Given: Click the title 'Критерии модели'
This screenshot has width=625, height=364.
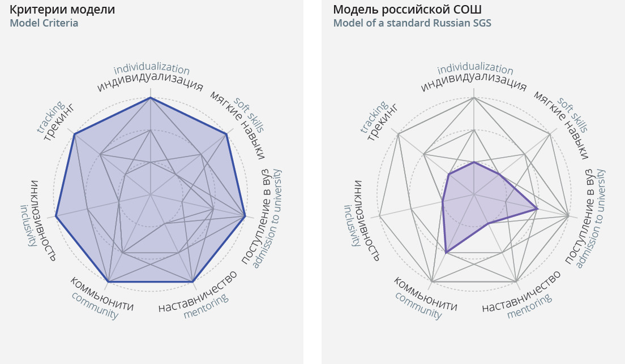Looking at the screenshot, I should click(x=62, y=10).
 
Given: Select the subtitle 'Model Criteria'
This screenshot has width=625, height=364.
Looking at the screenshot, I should click(x=44, y=23).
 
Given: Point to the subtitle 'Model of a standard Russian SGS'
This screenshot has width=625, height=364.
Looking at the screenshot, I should click(x=412, y=23).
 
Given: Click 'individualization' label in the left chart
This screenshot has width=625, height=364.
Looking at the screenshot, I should click(x=152, y=70).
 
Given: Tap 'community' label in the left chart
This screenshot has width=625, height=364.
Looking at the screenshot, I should click(x=95, y=306).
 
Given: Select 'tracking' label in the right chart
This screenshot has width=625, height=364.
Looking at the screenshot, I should click(x=373, y=118).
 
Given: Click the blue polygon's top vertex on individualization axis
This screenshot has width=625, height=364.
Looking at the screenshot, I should click(x=150, y=98).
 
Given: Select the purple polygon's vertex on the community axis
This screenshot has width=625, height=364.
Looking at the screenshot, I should click(x=446, y=252).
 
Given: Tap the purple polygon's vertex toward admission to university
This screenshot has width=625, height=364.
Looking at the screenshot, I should click(x=537, y=209).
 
